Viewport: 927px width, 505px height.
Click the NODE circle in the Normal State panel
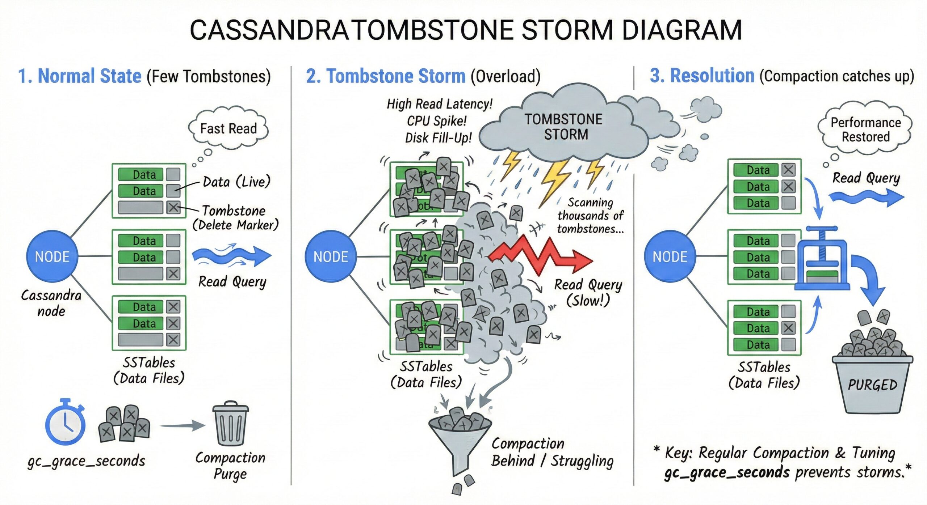pyautogui.click(x=52, y=256)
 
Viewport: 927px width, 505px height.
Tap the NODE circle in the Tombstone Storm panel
pyautogui.click(x=331, y=256)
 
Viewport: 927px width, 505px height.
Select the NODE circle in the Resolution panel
pyautogui.click(x=670, y=256)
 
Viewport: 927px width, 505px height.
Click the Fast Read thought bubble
pyautogui.click(x=228, y=128)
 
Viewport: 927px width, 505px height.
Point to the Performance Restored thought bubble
pyautogui.click(x=865, y=130)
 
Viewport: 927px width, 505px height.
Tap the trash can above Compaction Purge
pyautogui.click(x=230, y=423)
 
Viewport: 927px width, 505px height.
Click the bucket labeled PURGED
pyautogui.click(x=872, y=383)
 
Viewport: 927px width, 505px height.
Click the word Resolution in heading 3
pyautogui.click(x=712, y=76)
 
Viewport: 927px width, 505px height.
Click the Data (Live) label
pyautogui.click(x=236, y=182)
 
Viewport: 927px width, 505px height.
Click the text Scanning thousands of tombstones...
pyautogui.click(x=591, y=216)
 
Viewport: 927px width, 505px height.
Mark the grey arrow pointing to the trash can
pyautogui.click(x=183, y=425)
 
